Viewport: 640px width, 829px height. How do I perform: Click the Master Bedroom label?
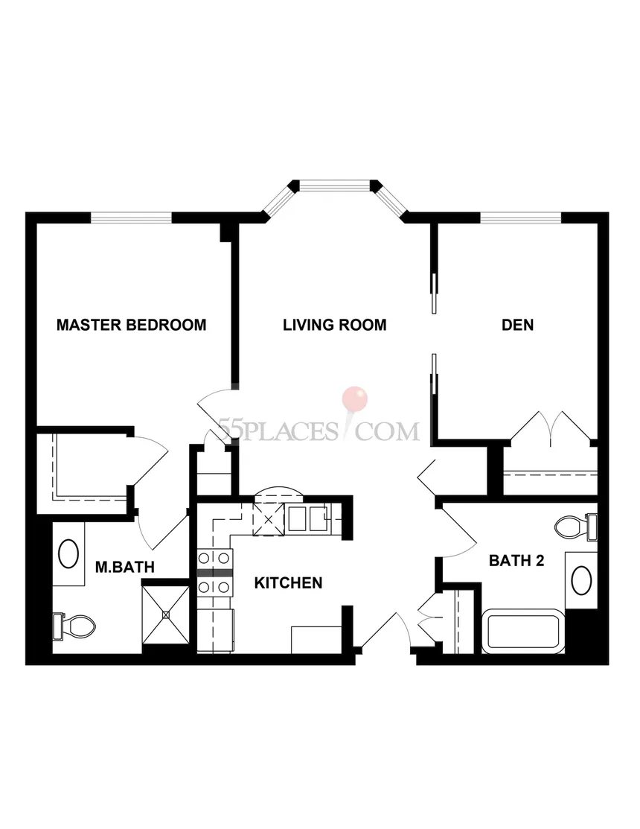tap(132, 325)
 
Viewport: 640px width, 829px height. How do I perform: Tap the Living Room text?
tap(335, 325)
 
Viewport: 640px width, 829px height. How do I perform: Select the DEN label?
tap(517, 325)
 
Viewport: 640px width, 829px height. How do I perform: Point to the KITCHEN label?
tap(288, 582)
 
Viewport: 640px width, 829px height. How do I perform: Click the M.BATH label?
tap(124, 567)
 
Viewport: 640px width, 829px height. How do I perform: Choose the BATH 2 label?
tap(516, 560)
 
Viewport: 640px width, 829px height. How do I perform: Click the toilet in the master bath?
tap(74, 626)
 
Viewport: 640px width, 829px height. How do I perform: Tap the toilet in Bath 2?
tap(576, 527)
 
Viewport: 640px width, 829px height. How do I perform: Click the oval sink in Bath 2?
tap(581, 580)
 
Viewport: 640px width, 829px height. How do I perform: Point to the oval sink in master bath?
tap(68, 553)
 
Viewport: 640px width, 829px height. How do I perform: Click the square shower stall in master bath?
tap(166, 614)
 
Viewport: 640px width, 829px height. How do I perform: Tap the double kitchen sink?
tap(307, 518)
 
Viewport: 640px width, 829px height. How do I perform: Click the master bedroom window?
tap(132, 217)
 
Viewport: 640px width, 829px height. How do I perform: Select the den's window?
tap(521, 217)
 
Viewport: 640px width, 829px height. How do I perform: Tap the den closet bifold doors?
tap(551, 428)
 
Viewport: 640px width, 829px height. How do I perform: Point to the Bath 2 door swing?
tap(458, 531)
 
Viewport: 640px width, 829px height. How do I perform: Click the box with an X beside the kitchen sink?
tap(268, 520)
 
